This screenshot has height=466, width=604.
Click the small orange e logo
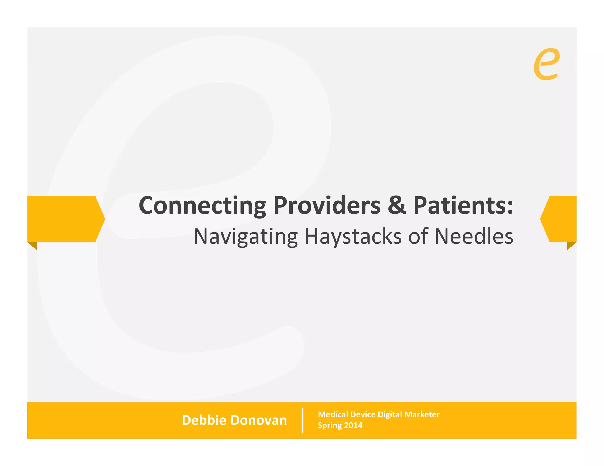click(x=546, y=64)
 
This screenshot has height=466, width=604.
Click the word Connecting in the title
click(x=202, y=206)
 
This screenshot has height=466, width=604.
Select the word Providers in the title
click(x=327, y=206)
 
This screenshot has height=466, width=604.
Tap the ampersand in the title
click(x=397, y=206)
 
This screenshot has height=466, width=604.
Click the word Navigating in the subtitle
click(x=246, y=237)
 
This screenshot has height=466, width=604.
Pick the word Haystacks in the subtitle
click(x=353, y=237)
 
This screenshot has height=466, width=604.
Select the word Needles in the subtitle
click(x=474, y=237)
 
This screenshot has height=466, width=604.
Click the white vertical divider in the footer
click(x=303, y=420)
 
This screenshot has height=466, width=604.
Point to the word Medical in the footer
click(x=333, y=414)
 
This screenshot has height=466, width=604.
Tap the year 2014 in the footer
click(x=353, y=426)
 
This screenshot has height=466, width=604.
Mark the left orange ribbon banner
click(x=63, y=219)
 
